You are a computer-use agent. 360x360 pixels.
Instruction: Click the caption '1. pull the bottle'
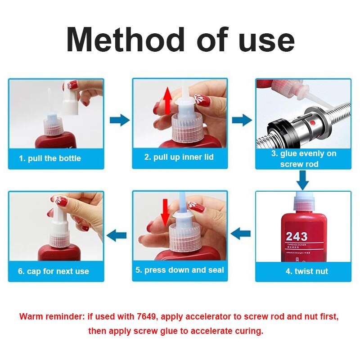coord(50,158)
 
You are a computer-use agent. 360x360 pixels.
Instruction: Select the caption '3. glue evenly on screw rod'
coord(303,159)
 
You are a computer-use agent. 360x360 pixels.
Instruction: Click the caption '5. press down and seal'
coord(180,270)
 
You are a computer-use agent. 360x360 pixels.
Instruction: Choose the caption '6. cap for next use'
coord(54,271)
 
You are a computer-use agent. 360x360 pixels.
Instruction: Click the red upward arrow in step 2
coord(167,101)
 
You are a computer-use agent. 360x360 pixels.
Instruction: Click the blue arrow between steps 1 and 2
coord(119,120)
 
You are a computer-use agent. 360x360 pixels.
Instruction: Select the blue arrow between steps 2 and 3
coord(242,120)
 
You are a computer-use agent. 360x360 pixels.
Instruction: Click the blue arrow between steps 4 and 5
coord(240,233)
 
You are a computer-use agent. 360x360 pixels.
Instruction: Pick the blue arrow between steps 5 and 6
coord(118,234)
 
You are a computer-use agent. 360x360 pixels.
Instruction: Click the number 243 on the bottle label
coord(297,236)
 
